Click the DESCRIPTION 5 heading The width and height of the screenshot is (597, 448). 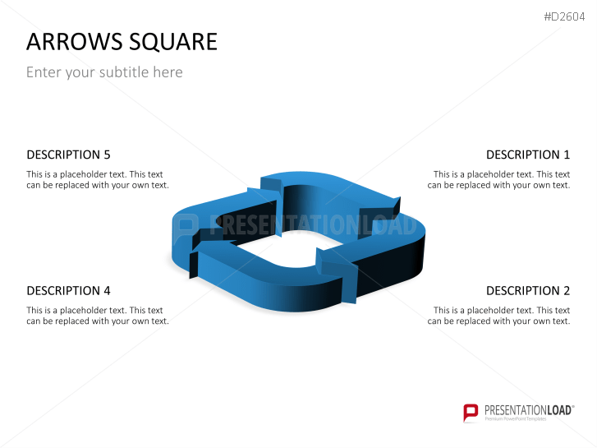[x=68, y=155]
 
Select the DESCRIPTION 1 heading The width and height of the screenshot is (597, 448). [x=527, y=155]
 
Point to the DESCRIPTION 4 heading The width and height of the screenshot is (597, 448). [x=68, y=290]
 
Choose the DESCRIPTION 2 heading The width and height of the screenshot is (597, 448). [x=527, y=290]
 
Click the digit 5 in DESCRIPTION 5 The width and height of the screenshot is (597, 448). [x=107, y=155]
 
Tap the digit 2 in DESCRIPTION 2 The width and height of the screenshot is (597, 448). [x=566, y=290]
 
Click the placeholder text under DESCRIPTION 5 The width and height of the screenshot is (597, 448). [x=97, y=179]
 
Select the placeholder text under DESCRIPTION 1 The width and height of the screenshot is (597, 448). [x=499, y=179]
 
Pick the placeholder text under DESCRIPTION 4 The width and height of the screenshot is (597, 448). [x=97, y=316]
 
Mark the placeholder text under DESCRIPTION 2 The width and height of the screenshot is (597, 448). [x=499, y=316]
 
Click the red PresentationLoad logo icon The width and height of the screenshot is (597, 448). [x=471, y=411]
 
